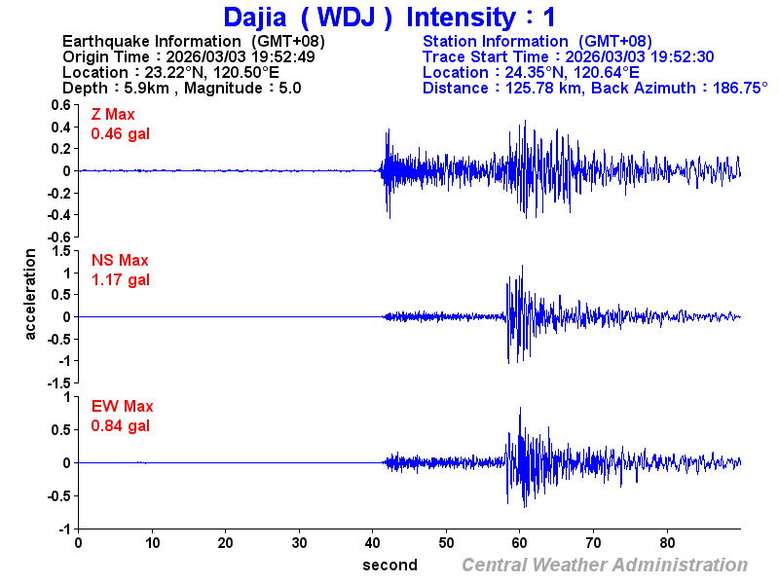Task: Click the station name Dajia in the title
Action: click(254, 17)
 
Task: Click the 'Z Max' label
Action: click(113, 115)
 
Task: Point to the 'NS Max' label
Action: click(120, 261)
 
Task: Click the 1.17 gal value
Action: click(121, 280)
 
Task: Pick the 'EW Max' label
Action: click(123, 407)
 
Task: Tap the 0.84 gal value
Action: click(121, 426)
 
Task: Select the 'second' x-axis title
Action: click(389, 565)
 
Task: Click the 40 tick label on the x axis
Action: click(373, 543)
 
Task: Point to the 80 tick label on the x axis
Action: click(668, 543)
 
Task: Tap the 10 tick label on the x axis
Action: click(152, 543)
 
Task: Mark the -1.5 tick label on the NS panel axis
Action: click(57, 383)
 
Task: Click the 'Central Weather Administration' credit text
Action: click(605, 565)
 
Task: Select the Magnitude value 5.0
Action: click(289, 88)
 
